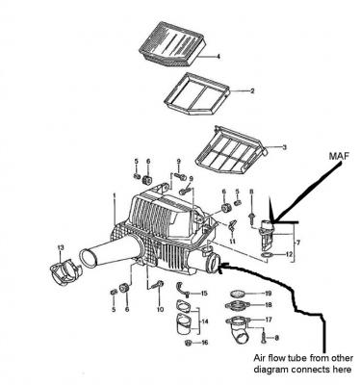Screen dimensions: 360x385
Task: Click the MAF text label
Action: (x=340, y=156)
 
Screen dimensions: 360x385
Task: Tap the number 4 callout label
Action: (x=219, y=57)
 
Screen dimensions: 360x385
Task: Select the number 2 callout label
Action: (x=252, y=91)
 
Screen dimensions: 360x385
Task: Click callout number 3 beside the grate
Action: (x=284, y=147)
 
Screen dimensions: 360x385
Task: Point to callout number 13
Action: (x=61, y=247)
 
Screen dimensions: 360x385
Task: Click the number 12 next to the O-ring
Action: (x=289, y=254)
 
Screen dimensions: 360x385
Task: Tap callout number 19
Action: (x=269, y=294)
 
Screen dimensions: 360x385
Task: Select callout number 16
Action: (x=204, y=343)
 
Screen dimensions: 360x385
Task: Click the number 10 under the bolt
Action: (x=160, y=309)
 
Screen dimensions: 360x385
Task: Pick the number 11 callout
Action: (x=233, y=241)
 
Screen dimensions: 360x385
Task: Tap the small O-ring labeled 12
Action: (x=267, y=255)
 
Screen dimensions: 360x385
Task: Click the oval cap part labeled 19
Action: (x=239, y=294)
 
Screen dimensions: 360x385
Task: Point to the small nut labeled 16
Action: (x=189, y=343)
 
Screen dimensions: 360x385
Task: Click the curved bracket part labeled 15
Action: (x=181, y=289)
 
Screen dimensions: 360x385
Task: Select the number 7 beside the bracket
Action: (x=298, y=243)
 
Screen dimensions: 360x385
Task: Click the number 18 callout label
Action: (x=269, y=305)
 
